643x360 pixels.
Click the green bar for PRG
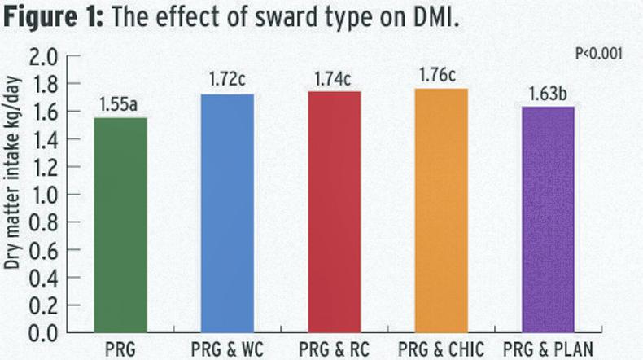[x=120, y=224]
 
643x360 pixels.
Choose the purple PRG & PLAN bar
[x=547, y=219]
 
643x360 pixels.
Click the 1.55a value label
[x=120, y=106]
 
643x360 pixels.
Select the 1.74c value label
[x=332, y=80]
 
